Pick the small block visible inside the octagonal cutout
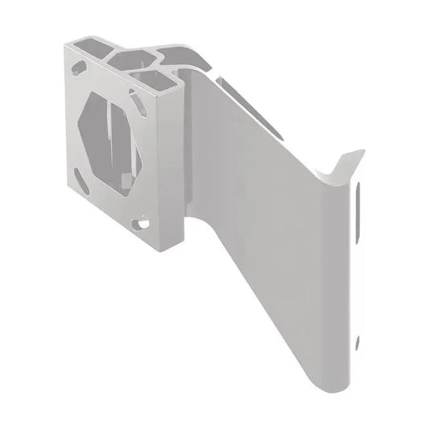tap(126, 178)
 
